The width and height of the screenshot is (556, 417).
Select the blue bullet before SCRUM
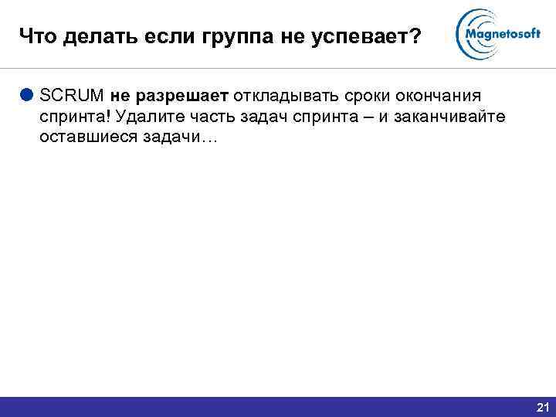pos(27,96)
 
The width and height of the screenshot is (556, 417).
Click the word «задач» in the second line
pos(262,117)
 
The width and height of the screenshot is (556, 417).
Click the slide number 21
pos(541,407)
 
